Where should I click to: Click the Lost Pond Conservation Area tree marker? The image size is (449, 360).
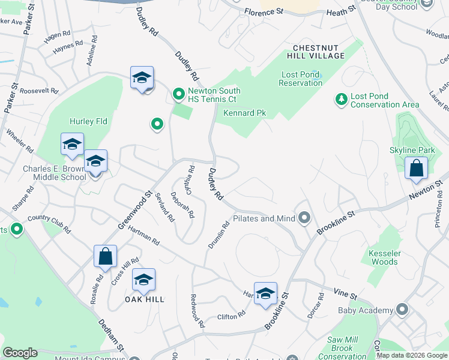pos(342,99)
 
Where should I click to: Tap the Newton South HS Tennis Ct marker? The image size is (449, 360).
pos(178,94)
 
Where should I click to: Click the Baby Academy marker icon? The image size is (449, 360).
pos(402,310)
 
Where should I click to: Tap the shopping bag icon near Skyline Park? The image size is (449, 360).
pos(416,169)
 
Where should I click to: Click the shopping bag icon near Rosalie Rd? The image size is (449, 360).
pos(105,256)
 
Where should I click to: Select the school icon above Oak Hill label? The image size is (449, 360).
pos(143,280)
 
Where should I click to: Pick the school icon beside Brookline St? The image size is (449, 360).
pos(265,294)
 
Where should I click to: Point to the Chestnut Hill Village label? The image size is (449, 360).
pos(319,52)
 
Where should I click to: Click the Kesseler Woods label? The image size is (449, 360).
pos(384,257)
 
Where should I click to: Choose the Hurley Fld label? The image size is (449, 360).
pos(88,121)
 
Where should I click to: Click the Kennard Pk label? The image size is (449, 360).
pos(244,112)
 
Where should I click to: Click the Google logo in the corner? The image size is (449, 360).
pos(20,353)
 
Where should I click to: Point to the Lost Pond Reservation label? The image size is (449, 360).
pos(301,79)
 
